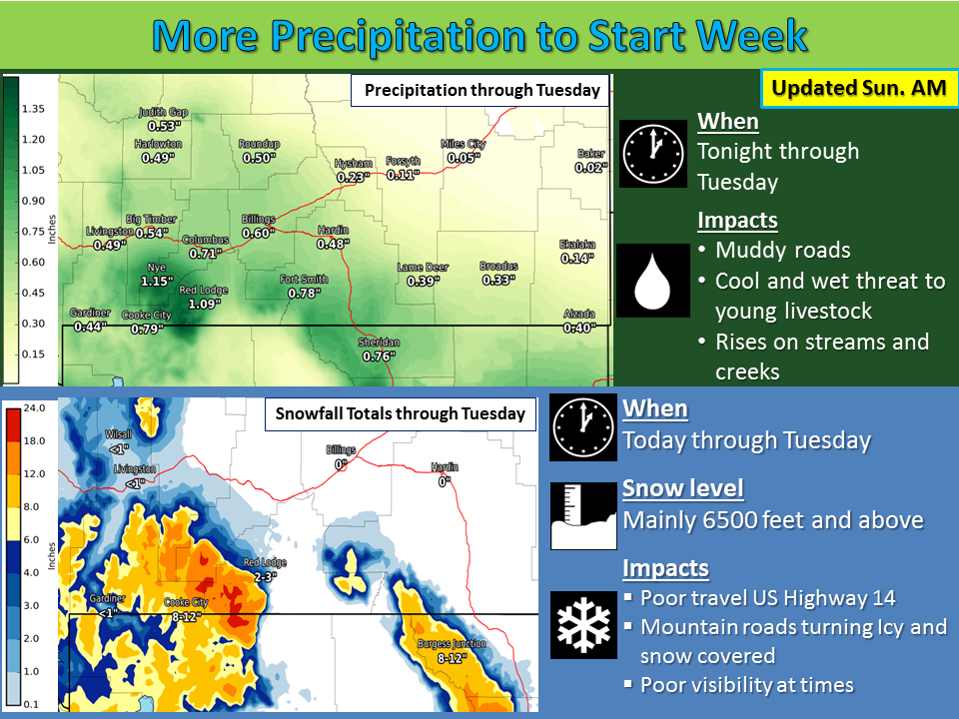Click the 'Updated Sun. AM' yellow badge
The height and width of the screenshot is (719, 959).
[x=859, y=88]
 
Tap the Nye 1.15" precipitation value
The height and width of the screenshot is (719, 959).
[x=157, y=282]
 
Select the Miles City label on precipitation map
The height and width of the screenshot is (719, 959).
[x=463, y=144]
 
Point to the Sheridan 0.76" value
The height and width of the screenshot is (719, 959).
[x=380, y=356]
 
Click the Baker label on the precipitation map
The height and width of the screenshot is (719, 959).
[x=590, y=154]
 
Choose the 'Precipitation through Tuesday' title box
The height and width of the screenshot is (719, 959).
[x=480, y=91]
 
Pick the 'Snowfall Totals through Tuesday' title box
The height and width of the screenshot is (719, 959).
[x=400, y=413]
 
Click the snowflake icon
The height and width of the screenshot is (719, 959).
[x=583, y=625]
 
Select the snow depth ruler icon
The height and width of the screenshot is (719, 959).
[x=583, y=516]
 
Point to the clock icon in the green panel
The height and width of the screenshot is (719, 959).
[x=653, y=154]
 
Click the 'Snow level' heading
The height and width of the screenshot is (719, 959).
[x=682, y=488]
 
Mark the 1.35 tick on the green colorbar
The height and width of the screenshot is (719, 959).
[x=33, y=109]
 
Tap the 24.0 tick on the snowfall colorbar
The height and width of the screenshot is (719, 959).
[x=34, y=407]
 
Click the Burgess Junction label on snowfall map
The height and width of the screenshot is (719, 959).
[x=452, y=644]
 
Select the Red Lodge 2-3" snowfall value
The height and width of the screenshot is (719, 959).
[x=266, y=576]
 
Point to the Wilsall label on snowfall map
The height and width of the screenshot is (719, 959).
[x=118, y=434]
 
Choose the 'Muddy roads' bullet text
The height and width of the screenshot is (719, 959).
[x=783, y=250]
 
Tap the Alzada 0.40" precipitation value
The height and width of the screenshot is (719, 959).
[x=579, y=329]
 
